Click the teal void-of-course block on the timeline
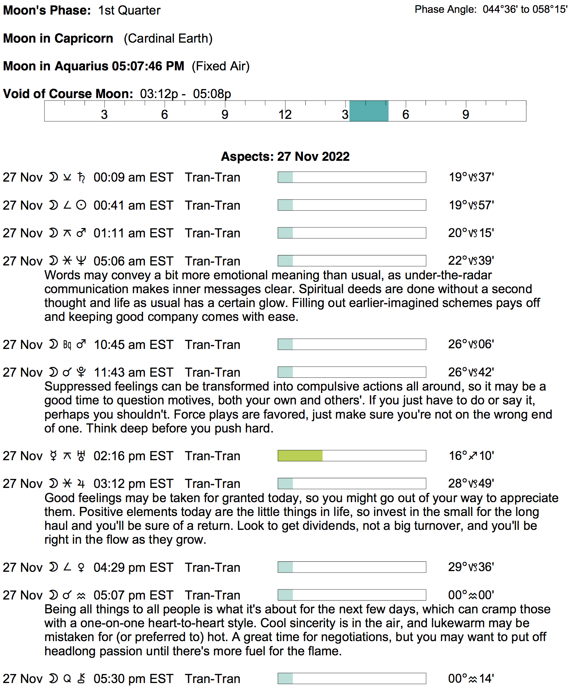[369, 111]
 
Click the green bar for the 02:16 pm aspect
[300, 456]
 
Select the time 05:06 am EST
[133, 261]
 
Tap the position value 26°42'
[471, 372]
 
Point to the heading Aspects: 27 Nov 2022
[285, 156]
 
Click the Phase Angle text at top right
[491, 9]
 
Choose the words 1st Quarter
[129, 10]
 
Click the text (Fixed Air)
[221, 66]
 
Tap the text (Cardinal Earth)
[168, 38]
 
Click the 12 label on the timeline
[285, 115]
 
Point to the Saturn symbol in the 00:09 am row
[81, 177]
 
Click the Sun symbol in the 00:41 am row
[81, 205]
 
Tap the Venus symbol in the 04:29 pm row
[81, 567]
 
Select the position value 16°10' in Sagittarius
[471, 456]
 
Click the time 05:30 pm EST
[133, 679]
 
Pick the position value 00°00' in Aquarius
[471, 595]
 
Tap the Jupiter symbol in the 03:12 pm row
[81, 484]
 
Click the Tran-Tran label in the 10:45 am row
[212, 344]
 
